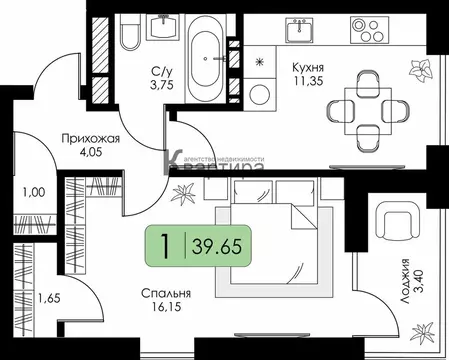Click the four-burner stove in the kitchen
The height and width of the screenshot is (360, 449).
point(368,33)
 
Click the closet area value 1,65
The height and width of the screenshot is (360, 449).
point(49,297)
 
